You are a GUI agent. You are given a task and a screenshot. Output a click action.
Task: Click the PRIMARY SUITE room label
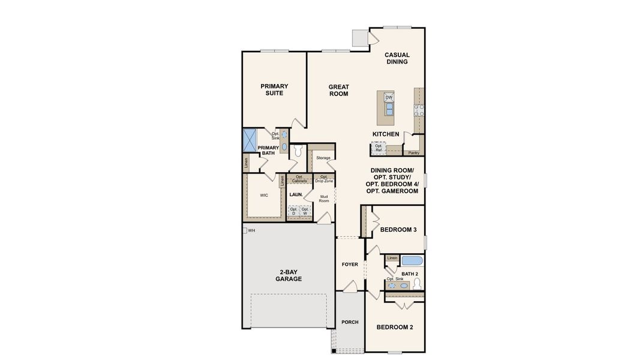(274, 89)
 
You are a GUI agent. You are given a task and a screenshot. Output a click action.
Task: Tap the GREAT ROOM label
(338, 90)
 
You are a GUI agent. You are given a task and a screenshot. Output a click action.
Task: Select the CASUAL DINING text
(397, 58)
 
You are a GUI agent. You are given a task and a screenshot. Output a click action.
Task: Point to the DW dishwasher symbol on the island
(389, 97)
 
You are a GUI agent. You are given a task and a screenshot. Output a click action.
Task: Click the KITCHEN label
(386, 134)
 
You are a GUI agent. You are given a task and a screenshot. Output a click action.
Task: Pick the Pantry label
(414, 152)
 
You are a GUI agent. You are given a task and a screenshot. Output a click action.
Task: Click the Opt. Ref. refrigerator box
(378, 147)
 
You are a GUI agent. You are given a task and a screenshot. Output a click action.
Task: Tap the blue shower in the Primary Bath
(249, 140)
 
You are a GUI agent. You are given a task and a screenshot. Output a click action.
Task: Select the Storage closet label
(323, 158)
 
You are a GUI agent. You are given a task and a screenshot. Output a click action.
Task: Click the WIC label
(264, 195)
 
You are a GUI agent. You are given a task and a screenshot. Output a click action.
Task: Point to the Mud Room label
(324, 198)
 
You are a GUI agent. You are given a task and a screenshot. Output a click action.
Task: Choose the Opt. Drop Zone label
(323, 178)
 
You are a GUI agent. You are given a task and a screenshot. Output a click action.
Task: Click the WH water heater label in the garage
(251, 230)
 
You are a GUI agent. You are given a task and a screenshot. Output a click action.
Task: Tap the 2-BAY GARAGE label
(289, 275)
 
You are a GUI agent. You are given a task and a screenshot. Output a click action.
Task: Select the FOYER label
(350, 264)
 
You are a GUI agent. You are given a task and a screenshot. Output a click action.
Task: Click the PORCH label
(350, 322)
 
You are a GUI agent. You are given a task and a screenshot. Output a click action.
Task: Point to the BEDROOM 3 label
(398, 230)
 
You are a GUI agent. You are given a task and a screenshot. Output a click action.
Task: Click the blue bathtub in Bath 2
(412, 261)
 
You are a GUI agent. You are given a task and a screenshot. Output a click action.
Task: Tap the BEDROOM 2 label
(395, 327)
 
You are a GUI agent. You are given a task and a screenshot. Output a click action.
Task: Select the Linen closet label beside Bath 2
(392, 258)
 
